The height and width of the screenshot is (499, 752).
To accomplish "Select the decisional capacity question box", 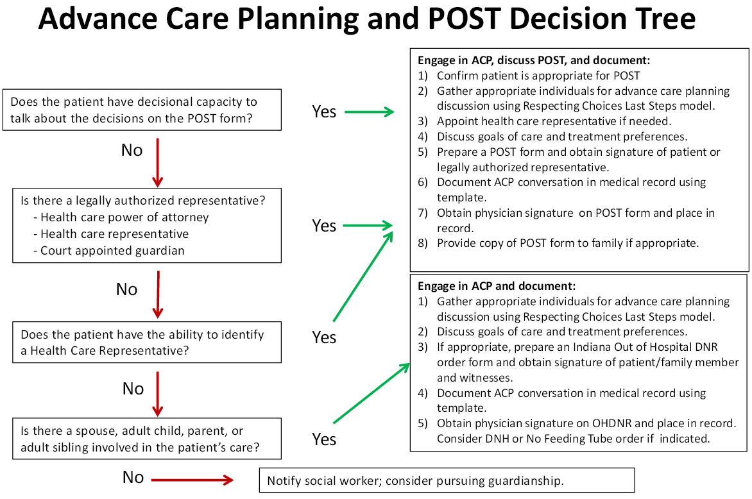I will click(x=146, y=110).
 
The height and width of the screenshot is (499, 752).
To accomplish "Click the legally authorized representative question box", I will click(x=146, y=225).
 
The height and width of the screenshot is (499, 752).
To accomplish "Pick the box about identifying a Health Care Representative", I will click(x=146, y=343).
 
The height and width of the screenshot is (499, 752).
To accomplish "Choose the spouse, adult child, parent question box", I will click(x=146, y=439).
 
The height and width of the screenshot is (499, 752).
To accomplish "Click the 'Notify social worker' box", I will click(x=446, y=480).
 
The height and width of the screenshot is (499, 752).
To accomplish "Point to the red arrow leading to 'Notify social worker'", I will click(x=192, y=480).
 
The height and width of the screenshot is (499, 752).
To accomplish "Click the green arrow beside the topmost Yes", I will click(x=369, y=112).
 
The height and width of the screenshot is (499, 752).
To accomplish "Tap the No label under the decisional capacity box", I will click(x=132, y=151).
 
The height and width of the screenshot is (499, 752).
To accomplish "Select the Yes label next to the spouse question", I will click(x=324, y=439).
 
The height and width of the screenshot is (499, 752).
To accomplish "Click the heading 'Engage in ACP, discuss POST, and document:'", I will click(x=534, y=60).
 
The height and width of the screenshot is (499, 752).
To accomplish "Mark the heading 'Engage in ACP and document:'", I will click(x=497, y=286).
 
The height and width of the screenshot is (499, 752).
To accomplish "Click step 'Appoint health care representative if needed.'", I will click(x=553, y=121).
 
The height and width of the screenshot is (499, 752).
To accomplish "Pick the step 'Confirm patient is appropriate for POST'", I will click(x=538, y=76).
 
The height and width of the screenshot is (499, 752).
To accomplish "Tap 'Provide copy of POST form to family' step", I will click(x=567, y=243).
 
